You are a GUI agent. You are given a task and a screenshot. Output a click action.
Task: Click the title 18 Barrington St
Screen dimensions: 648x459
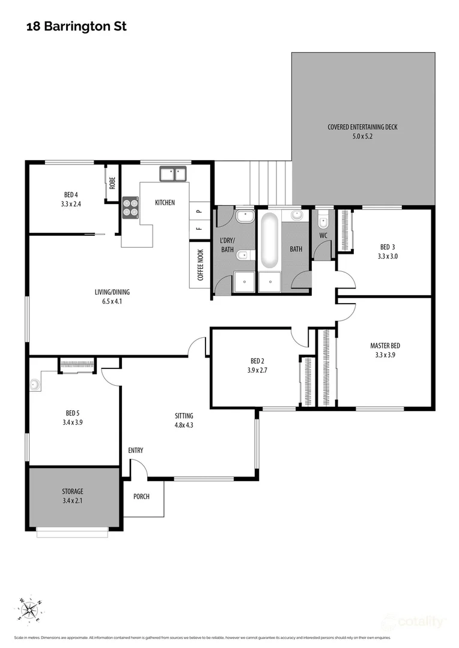(76, 27)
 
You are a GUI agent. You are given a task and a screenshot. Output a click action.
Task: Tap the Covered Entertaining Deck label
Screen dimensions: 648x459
(362, 127)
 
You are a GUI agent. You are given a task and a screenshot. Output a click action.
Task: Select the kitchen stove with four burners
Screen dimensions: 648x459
(130, 206)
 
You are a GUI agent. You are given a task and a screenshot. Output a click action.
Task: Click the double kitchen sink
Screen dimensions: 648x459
(173, 174)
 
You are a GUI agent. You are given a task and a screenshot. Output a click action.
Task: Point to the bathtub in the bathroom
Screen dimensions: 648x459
(268, 240)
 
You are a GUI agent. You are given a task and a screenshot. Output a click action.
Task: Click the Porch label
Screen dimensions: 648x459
(141, 497)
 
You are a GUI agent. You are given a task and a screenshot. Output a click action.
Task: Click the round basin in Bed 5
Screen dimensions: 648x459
(35, 383)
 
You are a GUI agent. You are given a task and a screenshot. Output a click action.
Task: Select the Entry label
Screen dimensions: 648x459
(136, 451)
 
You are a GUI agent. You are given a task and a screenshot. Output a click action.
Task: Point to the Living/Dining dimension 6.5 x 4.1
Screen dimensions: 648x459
(112, 302)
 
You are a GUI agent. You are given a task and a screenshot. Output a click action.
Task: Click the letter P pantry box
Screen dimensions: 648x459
(199, 211)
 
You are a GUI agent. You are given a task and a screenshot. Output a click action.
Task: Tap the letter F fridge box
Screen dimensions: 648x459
(199, 229)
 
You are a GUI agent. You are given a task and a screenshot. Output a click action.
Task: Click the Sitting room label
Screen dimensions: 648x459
(184, 415)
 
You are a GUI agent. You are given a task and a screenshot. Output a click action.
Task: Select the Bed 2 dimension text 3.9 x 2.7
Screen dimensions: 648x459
(257, 370)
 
